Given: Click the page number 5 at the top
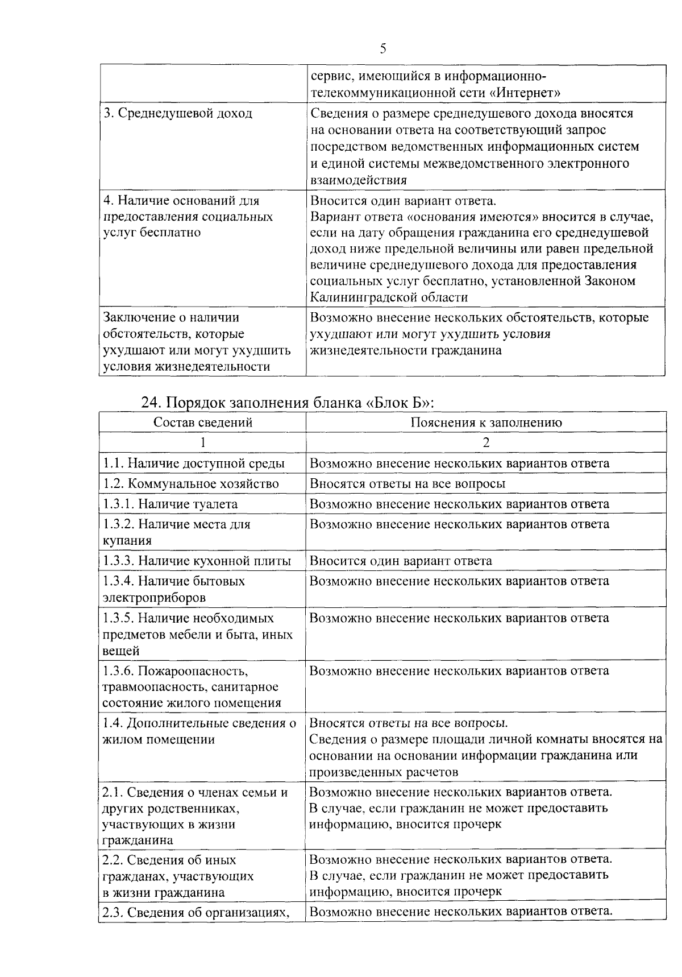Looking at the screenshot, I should point(382,49).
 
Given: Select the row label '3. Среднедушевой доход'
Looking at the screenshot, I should point(177,113).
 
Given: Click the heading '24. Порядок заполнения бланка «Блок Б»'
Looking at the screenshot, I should point(288,403).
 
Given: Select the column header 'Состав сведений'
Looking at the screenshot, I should point(203,423).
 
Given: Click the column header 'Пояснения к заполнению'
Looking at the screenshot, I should point(486,423).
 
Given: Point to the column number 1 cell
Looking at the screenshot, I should point(203,442).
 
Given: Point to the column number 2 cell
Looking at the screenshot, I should point(486,442).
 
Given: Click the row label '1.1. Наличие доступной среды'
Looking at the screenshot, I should point(194,463).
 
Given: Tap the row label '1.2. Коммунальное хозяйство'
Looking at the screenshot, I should point(191,483).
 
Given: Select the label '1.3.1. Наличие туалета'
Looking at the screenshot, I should point(170,504).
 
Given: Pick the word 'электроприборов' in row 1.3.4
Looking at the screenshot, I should point(154,598).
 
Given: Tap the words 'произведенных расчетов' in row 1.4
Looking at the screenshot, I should point(384,772).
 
